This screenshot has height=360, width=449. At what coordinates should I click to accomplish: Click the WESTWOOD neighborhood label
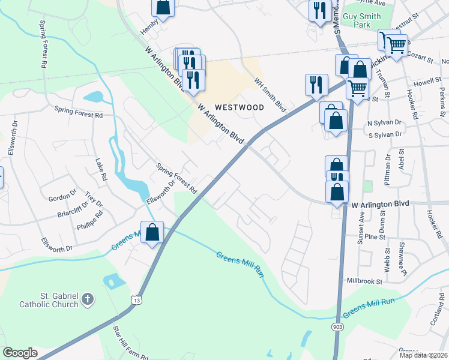[x=240, y=107]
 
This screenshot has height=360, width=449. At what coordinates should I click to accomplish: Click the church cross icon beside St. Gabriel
[x=88, y=298]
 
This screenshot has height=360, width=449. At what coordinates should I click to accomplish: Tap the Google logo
[x=20, y=353]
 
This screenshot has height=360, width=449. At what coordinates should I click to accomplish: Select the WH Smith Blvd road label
[x=270, y=94]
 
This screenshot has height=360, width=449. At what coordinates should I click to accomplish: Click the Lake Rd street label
[x=101, y=170]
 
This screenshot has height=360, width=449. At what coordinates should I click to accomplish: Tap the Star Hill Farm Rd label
[x=130, y=343]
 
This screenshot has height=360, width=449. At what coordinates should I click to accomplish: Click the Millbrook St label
[x=364, y=280]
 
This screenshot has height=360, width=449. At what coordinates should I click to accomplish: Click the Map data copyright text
[x=423, y=355]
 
